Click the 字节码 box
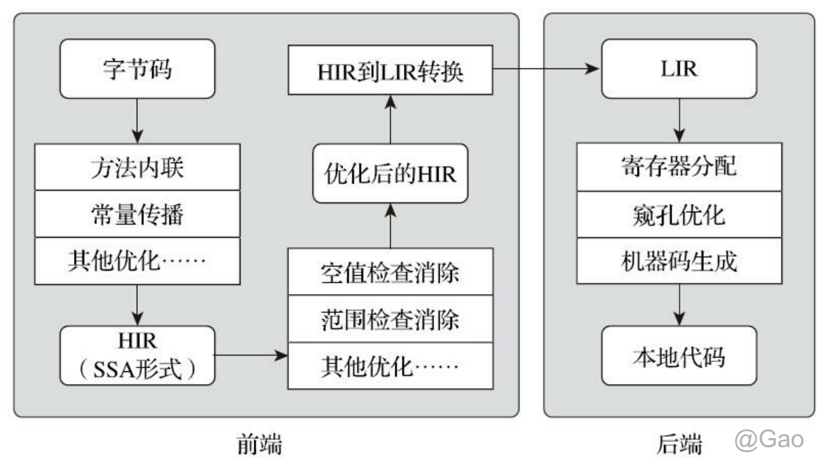[137, 68]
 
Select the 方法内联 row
[137, 167]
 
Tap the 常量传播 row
[137, 214]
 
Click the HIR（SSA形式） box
[137, 355]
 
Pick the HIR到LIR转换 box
[390, 70]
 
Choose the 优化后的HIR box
[391, 173]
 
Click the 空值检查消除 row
[391, 271]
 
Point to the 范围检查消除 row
[391, 318]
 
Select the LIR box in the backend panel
[679, 68]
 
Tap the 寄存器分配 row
[679, 167]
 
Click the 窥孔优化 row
[679, 214]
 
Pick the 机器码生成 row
[679, 261]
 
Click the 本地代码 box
[679, 355]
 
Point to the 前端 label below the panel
[260, 444]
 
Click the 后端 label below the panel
[679, 444]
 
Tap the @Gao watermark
[769, 440]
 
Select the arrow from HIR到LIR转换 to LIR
[546, 68]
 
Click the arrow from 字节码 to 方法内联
[137, 121]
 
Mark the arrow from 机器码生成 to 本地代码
[679, 305]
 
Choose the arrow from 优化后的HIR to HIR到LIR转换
[391, 120]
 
